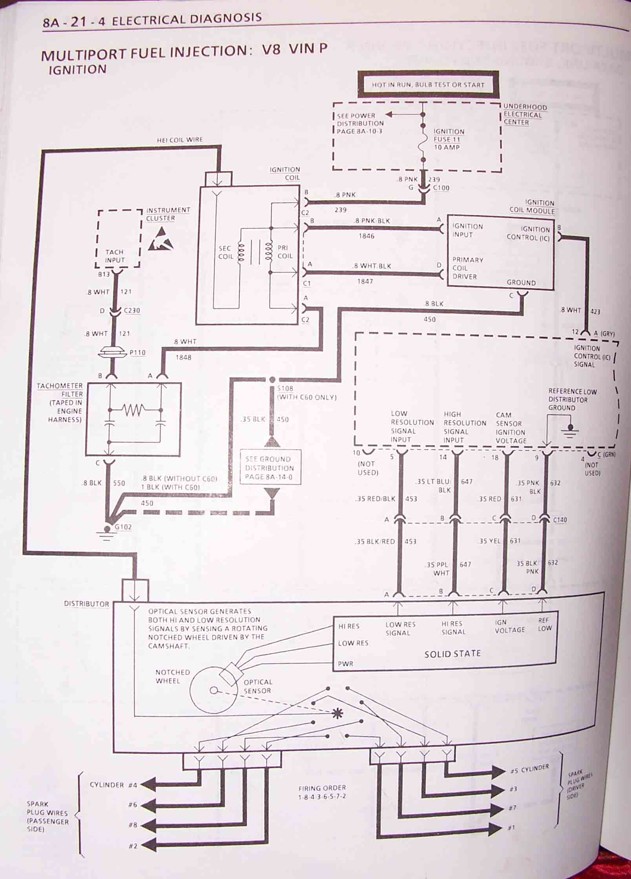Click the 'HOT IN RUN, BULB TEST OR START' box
click(428, 84)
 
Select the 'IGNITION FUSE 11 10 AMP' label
click(449, 139)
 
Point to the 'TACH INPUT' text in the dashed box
click(115, 256)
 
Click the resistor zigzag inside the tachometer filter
click(134, 410)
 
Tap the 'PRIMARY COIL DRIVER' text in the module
click(467, 268)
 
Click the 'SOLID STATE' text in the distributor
click(452, 653)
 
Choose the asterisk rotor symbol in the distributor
click(337, 713)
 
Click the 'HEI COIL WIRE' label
click(180, 140)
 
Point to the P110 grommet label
click(137, 353)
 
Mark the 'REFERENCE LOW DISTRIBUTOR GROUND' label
click(572, 399)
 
